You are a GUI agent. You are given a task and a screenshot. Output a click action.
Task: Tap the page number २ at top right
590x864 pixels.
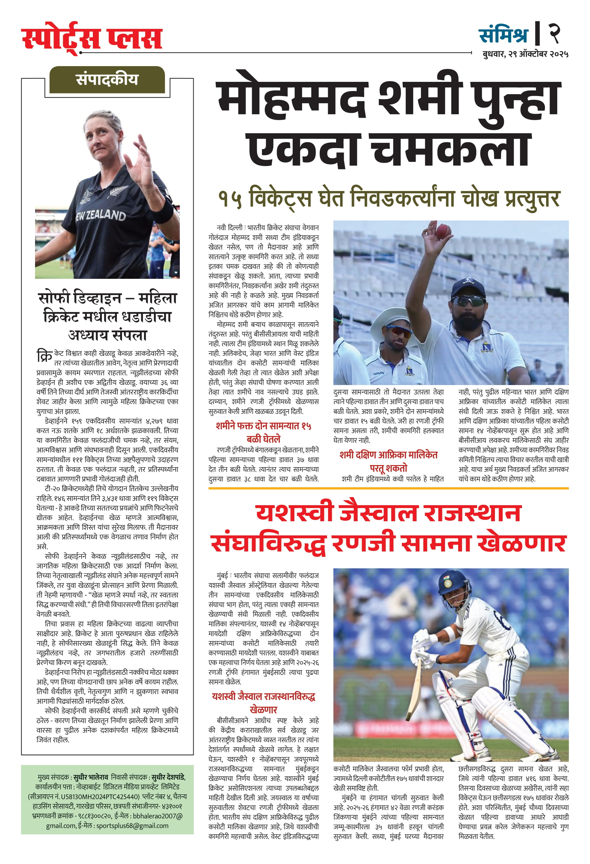click(x=554, y=33)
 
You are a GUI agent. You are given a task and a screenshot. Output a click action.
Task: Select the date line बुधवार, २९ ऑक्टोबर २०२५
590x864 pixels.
click(x=525, y=54)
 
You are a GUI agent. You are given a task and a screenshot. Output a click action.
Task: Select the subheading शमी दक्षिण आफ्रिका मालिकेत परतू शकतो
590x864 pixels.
click(x=389, y=461)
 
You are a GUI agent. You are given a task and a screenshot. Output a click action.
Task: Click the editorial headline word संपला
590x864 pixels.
click(x=128, y=335)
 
